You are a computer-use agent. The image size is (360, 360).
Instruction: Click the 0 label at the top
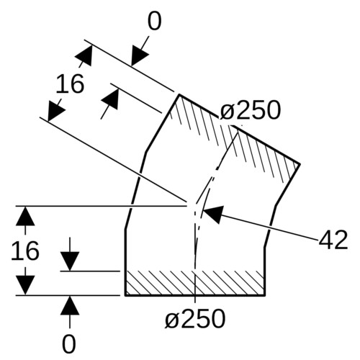154,22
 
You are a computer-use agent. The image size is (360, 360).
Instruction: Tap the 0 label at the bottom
69,343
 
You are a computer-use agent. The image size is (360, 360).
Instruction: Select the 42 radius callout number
333,240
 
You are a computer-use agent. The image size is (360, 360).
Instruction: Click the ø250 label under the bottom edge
195,319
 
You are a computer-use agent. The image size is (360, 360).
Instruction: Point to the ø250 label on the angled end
250,110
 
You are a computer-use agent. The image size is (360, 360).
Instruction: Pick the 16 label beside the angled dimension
70,84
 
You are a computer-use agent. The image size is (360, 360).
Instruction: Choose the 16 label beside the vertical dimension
25,251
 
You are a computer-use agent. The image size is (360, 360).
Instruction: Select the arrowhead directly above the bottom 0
70,305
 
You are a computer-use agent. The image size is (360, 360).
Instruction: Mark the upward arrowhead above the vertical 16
25,216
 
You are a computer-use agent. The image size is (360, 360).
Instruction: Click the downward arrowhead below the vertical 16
25,285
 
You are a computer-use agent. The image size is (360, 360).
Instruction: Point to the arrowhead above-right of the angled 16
84,55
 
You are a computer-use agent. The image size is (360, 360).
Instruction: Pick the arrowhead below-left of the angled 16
55,112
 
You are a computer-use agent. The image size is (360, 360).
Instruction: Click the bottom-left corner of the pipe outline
125,295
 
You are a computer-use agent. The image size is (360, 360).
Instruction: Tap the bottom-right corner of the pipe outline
264,295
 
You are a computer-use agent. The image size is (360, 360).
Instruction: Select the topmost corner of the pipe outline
179,95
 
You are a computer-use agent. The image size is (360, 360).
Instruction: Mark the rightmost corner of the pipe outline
300,164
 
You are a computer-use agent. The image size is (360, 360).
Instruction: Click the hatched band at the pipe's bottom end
195,283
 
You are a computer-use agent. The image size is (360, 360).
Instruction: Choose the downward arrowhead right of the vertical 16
70,261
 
